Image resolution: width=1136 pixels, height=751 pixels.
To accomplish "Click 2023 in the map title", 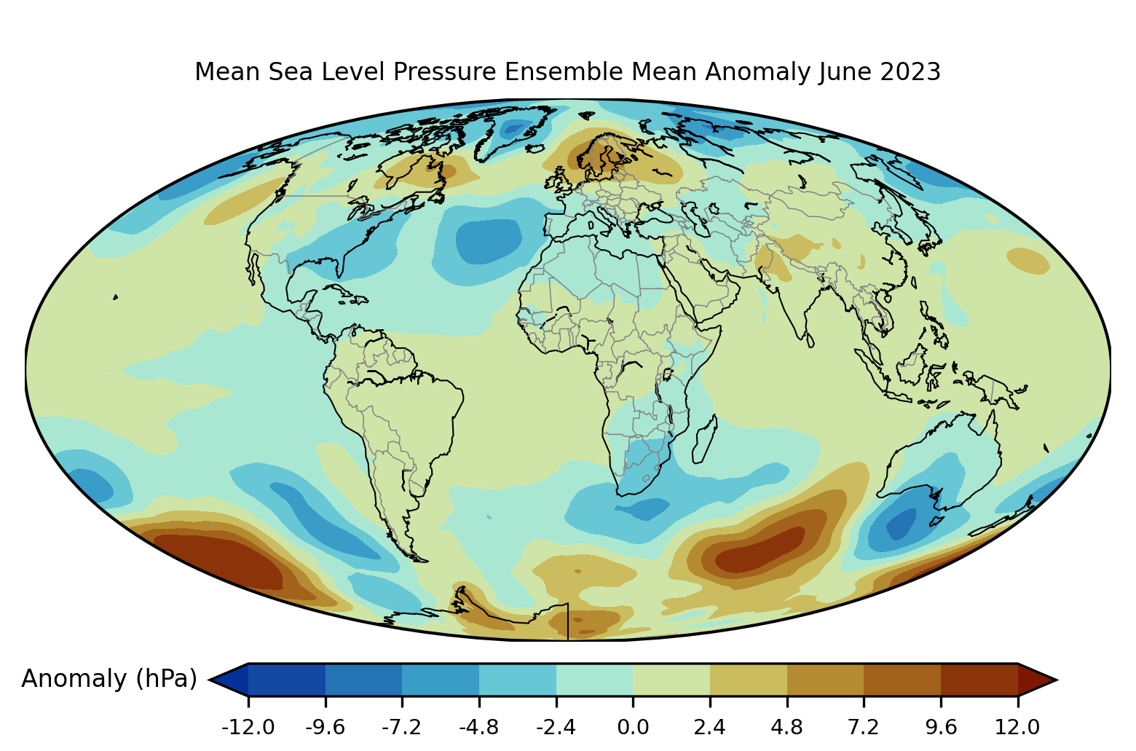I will (x=910, y=72).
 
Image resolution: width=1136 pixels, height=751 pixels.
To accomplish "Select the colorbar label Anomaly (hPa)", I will (x=109, y=679).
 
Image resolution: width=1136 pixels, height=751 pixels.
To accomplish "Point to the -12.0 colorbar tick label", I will (x=248, y=727).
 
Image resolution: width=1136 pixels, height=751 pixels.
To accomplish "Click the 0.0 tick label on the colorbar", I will (x=633, y=727).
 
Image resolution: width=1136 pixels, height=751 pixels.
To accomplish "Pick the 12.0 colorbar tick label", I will (x=1017, y=727).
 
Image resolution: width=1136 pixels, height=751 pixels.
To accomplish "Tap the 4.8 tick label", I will (x=786, y=727).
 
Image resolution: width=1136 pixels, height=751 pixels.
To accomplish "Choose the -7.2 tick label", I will (x=402, y=727).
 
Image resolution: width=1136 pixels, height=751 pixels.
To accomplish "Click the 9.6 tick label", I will (x=941, y=727).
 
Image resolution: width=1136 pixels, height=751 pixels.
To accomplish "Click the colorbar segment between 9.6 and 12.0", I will (x=979, y=680).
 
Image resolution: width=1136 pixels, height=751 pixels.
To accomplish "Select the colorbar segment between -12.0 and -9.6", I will (x=286, y=680).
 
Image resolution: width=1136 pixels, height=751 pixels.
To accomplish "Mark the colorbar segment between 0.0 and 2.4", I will (x=671, y=680).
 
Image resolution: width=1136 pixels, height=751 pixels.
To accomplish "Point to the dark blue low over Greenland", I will (x=514, y=129).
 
